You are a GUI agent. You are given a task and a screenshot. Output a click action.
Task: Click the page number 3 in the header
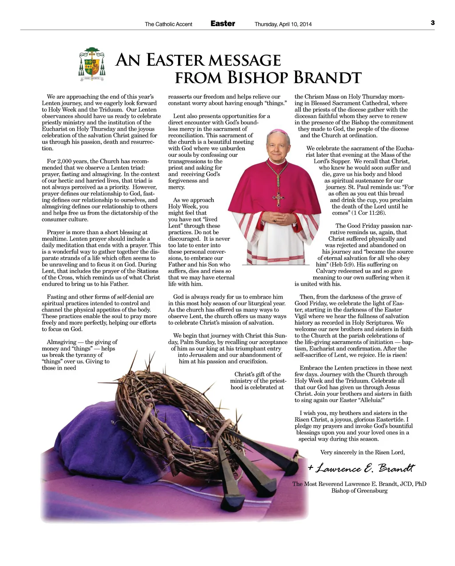pos(432,23)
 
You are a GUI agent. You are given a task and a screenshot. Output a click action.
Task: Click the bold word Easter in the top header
pos(223,24)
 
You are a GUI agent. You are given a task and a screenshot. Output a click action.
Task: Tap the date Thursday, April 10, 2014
pos(283,24)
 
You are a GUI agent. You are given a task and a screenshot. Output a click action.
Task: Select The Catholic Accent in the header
pos(168,24)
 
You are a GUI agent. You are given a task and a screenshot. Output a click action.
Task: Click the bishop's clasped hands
pos(278,218)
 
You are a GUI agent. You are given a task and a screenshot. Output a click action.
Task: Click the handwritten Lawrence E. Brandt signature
pos(361,468)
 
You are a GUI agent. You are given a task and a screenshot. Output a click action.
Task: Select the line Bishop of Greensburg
pos(359,490)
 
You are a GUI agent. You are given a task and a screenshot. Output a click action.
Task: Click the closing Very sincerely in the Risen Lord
pos(362,452)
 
